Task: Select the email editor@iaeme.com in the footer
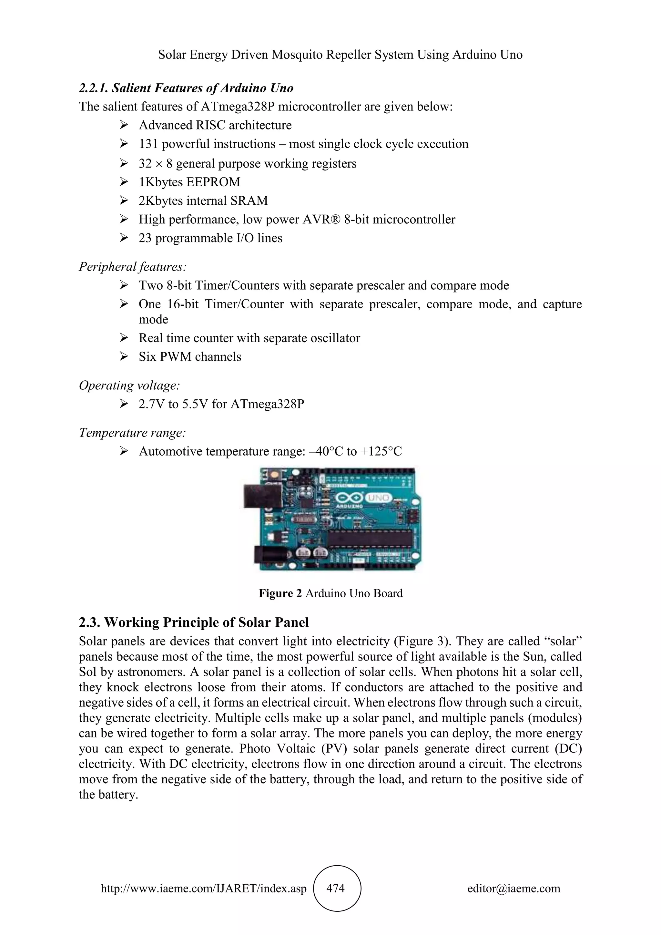click(514, 888)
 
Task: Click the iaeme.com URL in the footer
click(204, 888)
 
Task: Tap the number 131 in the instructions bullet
click(148, 144)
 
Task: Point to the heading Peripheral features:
click(133, 267)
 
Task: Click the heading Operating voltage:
click(129, 385)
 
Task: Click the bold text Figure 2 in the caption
click(280, 593)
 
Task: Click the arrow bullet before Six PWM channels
click(124, 357)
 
